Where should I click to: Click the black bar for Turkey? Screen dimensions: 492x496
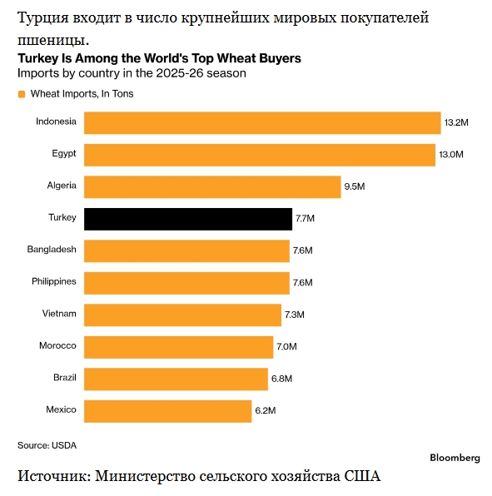pyautogui.click(x=188, y=219)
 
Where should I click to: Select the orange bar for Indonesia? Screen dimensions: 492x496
pyautogui.click(x=262, y=122)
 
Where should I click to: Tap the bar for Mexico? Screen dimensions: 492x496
pyautogui.click(x=167, y=411)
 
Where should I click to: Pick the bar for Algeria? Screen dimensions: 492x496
pyautogui.click(x=212, y=187)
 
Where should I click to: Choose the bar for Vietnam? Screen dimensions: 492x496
pyautogui.click(x=182, y=315)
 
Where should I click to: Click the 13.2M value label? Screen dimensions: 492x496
pyautogui.click(x=456, y=122)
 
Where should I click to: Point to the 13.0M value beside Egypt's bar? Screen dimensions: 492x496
pyautogui.click(x=451, y=154)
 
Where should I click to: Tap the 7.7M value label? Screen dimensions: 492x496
pyautogui.click(x=305, y=218)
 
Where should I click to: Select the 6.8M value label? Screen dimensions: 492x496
pyautogui.click(x=281, y=379)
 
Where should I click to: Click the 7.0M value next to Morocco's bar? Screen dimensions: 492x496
pyautogui.click(x=286, y=346)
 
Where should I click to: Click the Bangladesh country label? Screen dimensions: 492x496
pyautogui.click(x=52, y=250)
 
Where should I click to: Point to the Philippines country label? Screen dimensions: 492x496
pyautogui.click(x=54, y=281)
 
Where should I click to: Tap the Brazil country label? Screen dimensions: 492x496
pyautogui.click(x=65, y=377)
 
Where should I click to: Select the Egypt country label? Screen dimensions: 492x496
pyautogui.click(x=64, y=154)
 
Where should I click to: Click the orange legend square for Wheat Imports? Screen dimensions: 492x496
pyautogui.click(x=22, y=94)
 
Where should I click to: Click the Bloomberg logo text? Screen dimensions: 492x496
pyautogui.click(x=455, y=458)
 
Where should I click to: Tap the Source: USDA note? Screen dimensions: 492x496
pyautogui.click(x=47, y=445)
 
